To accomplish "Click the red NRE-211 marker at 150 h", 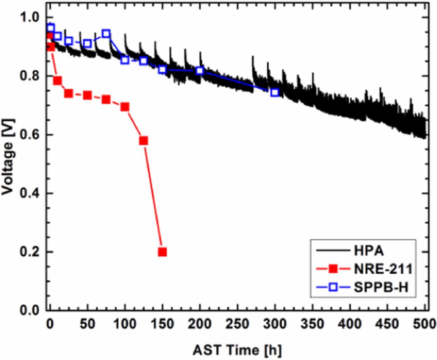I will (162, 252).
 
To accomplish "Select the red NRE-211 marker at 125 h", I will (143, 141).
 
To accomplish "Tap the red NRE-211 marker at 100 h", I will (125, 107).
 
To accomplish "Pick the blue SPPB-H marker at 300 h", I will (275, 92).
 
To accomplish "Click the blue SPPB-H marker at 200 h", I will (200, 71).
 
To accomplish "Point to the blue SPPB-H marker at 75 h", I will (106, 33).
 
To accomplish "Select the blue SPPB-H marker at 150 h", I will (162, 70).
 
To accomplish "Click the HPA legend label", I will (368, 251).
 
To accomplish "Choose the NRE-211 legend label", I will (383, 269).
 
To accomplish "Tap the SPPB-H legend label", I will (381, 287).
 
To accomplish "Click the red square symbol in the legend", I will (333, 269).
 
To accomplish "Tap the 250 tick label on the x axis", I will (237, 324).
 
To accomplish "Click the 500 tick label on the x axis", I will (424, 324).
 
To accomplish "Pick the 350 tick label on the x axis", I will (312, 324).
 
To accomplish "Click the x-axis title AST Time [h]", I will (238, 350).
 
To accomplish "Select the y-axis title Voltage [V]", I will (8, 157).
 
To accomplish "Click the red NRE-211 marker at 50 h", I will (87, 96).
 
